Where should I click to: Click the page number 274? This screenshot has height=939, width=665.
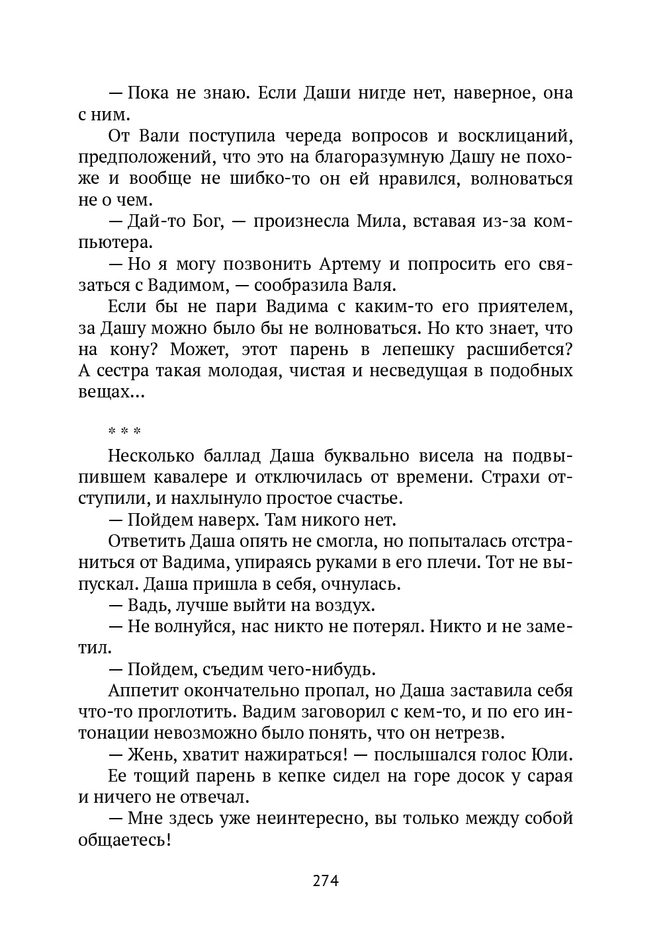(326, 881)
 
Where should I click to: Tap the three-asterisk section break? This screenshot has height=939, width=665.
(125, 432)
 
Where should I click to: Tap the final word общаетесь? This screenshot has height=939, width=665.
(125, 840)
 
